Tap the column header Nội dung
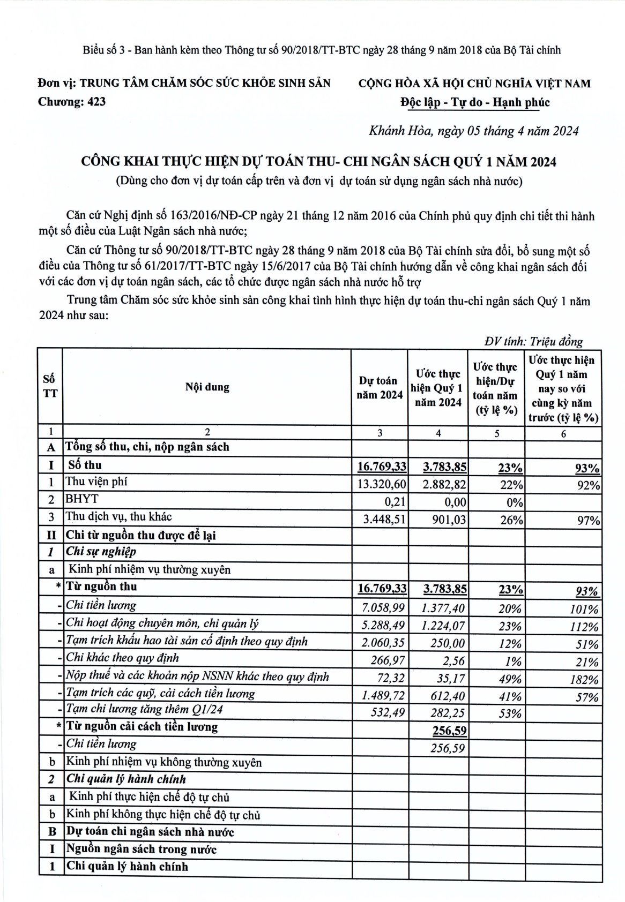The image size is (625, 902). click(207, 387)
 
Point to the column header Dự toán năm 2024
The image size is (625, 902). click(380, 388)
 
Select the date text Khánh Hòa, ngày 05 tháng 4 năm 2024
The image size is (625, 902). click(474, 131)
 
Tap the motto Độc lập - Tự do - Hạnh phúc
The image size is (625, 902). click(474, 102)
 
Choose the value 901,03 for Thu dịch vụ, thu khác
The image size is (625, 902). click(449, 520)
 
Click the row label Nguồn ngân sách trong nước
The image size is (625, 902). click(141, 849)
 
